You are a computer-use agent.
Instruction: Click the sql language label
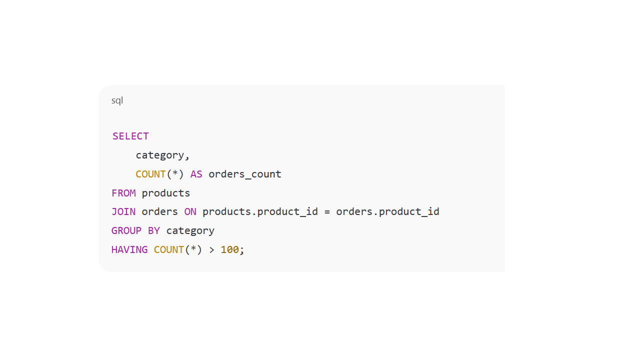(x=117, y=100)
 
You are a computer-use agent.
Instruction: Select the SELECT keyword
(x=130, y=136)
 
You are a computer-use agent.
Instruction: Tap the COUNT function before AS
(x=150, y=174)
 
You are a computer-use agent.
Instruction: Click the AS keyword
(x=196, y=174)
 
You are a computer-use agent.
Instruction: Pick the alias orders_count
(x=245, y=174)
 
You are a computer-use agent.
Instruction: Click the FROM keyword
(x=123, y=193)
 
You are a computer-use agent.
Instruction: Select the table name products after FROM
(x=166, y=193)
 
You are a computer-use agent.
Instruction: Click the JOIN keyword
(x=123, y=211)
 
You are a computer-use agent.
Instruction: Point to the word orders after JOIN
(x=159, y=211)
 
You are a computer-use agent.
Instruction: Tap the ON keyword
(x=190, y=211)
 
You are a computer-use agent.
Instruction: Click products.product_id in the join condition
(x=260, y=211)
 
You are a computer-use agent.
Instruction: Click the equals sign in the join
(x=327, y=211)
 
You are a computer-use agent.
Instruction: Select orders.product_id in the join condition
(x=387, y=211)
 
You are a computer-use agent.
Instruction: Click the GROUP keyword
(x=126, y=230)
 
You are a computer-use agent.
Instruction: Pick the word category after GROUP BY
(x=190, y=230)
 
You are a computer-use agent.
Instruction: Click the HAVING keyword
(x=129, y=249)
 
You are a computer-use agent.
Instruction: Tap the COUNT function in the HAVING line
(x=169, y=249)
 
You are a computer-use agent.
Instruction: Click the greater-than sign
(x=211, y=249)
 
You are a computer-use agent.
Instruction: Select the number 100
(x=229, y=249)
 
